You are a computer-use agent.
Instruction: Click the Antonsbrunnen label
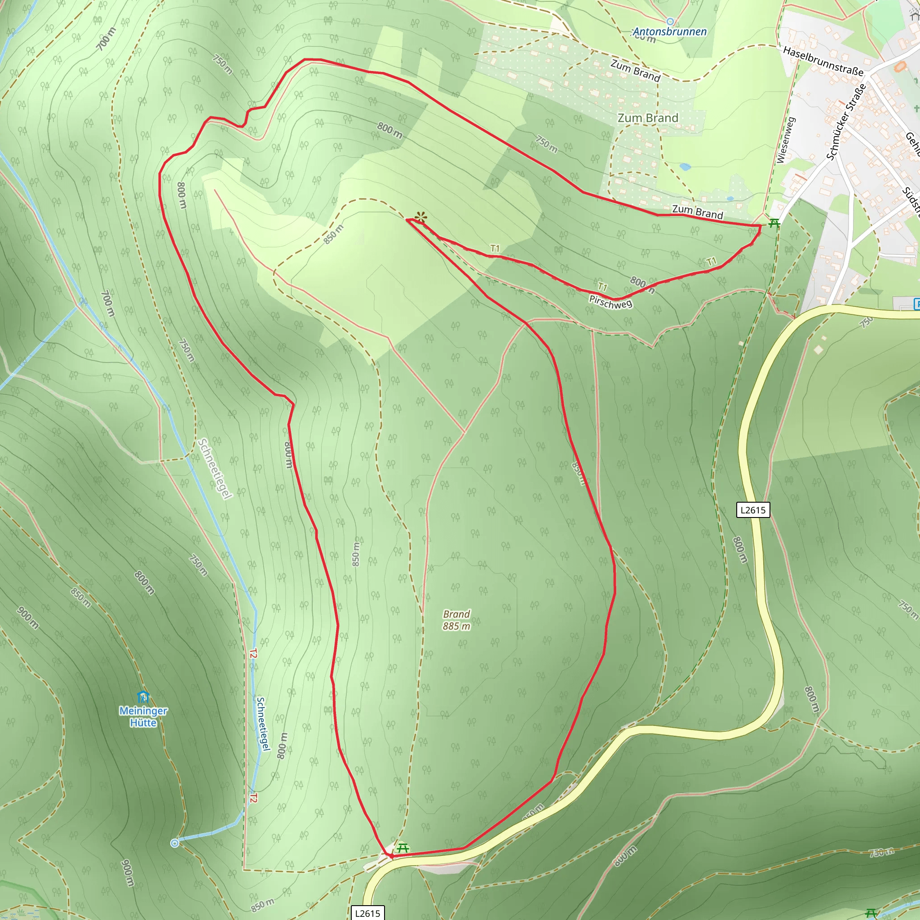(669, 32)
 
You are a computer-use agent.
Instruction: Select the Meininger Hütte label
(143, 717)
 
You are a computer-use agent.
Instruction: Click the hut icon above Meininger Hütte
(143, 698)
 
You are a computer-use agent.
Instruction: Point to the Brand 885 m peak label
(456, 620)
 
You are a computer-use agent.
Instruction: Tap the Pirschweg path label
(610, 302)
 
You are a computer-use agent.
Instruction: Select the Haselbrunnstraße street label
(823, 61)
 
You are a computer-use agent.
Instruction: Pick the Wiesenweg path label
(786, 141)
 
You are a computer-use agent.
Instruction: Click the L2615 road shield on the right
(753, 510)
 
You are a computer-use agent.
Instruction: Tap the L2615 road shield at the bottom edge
(367, 913)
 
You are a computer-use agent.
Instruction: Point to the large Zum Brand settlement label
(648, 118)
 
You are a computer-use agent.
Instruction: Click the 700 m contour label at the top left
(106, 39)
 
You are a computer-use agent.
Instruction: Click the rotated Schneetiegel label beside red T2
(263, 724)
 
